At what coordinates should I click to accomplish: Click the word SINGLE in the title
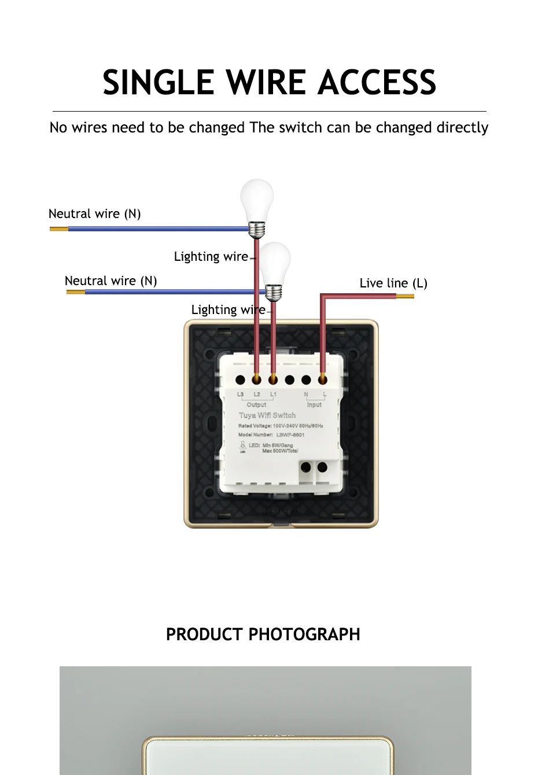157,82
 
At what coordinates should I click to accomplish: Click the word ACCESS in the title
377,82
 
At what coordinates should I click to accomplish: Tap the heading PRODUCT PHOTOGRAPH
263,634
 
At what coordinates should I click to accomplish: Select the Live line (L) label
393,283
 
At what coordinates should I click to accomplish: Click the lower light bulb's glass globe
274,261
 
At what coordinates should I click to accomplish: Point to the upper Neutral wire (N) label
95,214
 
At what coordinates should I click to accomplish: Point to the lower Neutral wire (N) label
111,281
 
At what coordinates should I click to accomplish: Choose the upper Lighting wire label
211,257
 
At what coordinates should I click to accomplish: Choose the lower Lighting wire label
229,310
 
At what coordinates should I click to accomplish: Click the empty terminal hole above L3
240,380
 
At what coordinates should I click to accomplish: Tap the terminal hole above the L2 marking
257,380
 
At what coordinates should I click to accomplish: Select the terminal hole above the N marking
306,380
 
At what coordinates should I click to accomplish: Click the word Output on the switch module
257,405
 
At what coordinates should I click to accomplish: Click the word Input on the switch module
314,405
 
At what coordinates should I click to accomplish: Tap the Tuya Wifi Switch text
267,415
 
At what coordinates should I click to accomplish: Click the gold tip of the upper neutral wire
58,229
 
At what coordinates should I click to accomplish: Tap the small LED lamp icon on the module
243,446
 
